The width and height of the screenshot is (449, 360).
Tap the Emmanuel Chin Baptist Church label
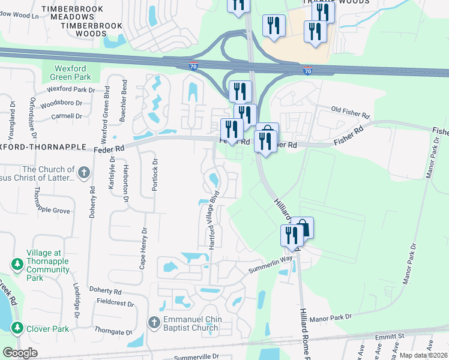pyautogui.click(x=192, y=323)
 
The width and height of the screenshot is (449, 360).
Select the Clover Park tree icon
pyautogui.click(x=17, y=329)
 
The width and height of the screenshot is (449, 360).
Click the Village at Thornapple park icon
pyautogui.click(x=17, y=265)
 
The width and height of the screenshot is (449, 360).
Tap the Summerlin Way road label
pyautogui.click(x=270, y=264)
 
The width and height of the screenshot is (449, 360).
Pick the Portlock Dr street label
pyautogui.click(x=155, y=175)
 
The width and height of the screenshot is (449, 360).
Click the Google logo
pyautogui.click(x=20, y=353)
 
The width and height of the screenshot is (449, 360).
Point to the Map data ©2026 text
pyautogui.click(x=424, y=355)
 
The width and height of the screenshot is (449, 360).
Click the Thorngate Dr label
pyautogui.click(x=113, y=332)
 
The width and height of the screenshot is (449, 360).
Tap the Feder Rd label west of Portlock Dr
pyautogui.click(x=109, y=148)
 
